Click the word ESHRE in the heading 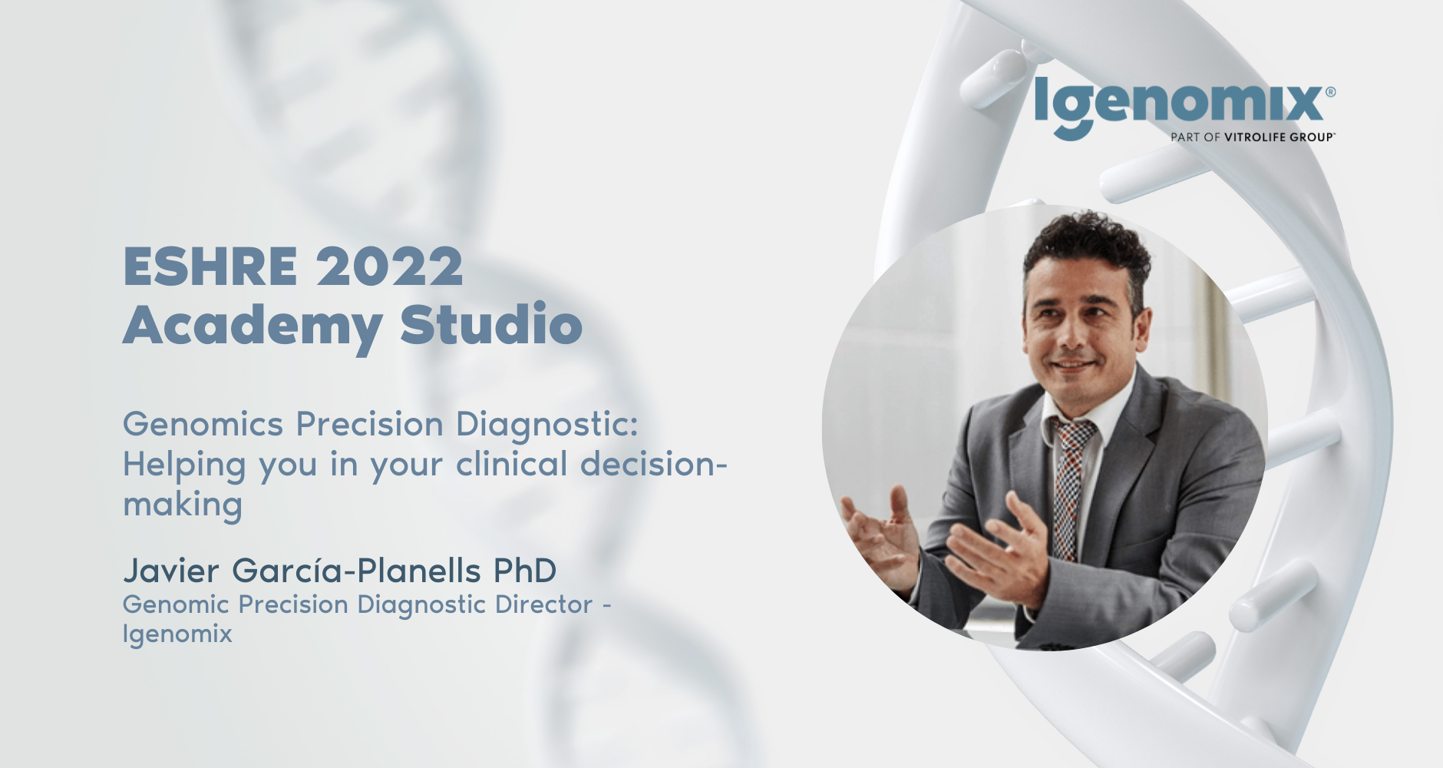pos(210,266)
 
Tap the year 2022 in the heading pos(390,266)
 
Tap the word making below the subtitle pos(183,505)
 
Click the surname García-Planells pos(356,571)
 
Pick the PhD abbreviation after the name pos(525,571)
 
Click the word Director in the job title pos(543,604)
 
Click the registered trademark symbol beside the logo pos(1330,92)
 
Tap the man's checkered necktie pos(1072,484)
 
